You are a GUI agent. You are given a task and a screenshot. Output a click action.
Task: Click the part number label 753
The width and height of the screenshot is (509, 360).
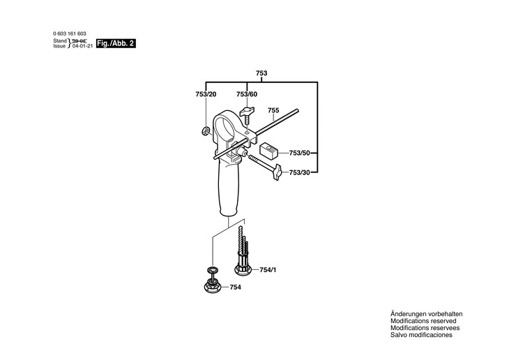tap(261, 73)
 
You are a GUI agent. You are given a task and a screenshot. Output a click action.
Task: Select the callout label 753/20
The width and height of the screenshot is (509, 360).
tap(206, 94)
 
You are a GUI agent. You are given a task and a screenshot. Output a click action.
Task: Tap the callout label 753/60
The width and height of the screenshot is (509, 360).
tap(246, 94)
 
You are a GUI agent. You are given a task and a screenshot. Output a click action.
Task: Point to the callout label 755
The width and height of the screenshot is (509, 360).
tap(273, 110)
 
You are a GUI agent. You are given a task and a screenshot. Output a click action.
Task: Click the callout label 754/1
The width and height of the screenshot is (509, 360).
tap(268, 270)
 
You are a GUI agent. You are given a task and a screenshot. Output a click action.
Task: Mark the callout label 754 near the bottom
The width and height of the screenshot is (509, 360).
tap(236, 286)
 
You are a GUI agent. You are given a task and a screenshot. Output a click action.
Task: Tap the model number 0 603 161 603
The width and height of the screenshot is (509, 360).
tap(70, 34)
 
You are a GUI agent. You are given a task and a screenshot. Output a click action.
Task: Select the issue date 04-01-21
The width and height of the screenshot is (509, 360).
tap(82, 47)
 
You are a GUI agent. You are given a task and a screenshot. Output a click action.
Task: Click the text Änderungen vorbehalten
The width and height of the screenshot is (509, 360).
tap(427, 315)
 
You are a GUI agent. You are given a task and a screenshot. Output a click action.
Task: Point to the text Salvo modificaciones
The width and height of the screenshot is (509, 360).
tap(421, 336)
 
